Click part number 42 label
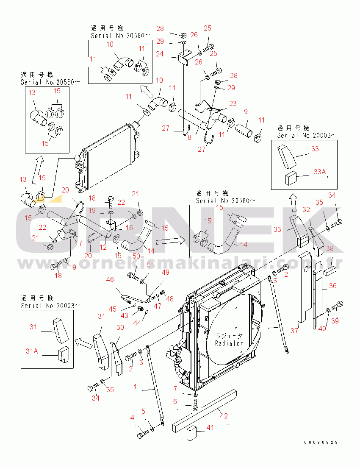[224, 416]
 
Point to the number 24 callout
[159, 54]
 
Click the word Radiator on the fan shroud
[229, 343]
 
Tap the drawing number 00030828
[321, 443]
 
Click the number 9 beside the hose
[246, 112]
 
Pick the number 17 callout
[79, 243]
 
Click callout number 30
[120, 328]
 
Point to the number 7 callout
[175, 389]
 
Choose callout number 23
[233, 103]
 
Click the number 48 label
[169, 298]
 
